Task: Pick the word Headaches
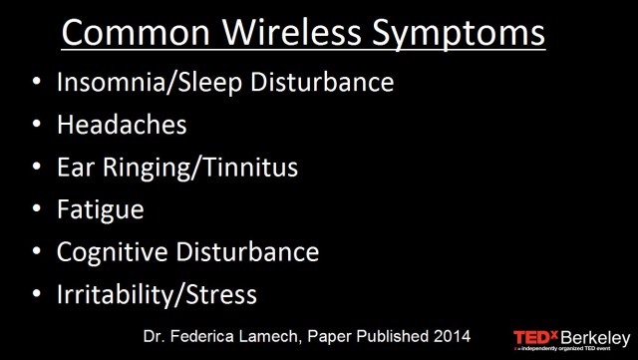click(122, 127)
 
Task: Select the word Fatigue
click(101, 210)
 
